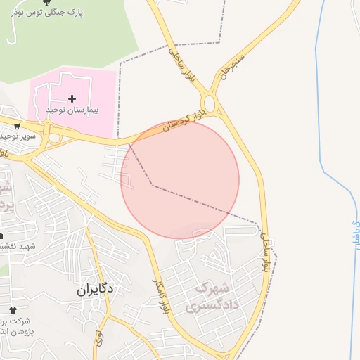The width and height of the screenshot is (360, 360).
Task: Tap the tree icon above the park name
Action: (x=47, y=2)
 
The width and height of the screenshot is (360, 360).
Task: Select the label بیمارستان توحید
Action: (x=72, y=110)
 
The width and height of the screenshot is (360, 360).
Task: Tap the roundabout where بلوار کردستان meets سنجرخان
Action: (x=213, y=105)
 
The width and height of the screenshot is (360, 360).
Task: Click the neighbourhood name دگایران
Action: (x=95, y=288)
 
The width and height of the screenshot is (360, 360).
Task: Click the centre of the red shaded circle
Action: (x=180, y=179)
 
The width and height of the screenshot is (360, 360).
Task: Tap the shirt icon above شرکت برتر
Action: (x=12, y=309)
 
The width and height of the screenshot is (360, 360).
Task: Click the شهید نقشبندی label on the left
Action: (x=17, y=246)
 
